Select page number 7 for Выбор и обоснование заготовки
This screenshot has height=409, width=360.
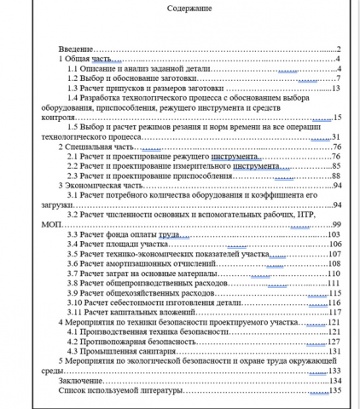coord(339,78)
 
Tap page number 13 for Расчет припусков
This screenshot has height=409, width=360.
coord(336,88)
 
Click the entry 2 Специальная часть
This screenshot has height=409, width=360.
coord(91,147)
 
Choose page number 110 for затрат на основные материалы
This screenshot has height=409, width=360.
coord(334,273)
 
